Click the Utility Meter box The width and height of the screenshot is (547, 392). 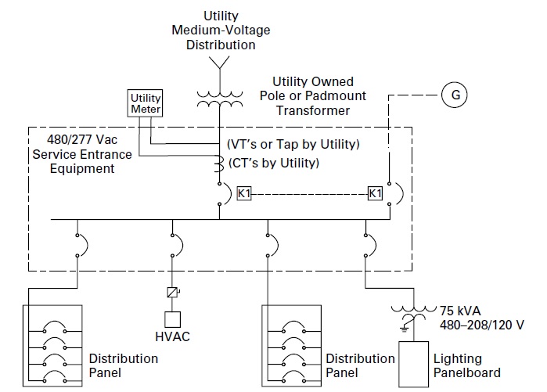(145, 104)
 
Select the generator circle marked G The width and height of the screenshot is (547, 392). (455, 95)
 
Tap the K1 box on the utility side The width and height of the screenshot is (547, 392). (244, 192)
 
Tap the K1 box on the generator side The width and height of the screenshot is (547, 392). (376, 192)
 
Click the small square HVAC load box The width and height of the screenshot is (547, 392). (171, 318)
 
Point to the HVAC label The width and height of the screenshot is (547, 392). (172, 337)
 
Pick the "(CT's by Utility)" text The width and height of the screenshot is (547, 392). (273, 163)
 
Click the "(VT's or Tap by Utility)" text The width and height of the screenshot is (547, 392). (292, 145)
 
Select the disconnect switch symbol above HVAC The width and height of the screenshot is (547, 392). (171, 293)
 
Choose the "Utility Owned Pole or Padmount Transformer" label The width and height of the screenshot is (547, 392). (312, 95)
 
